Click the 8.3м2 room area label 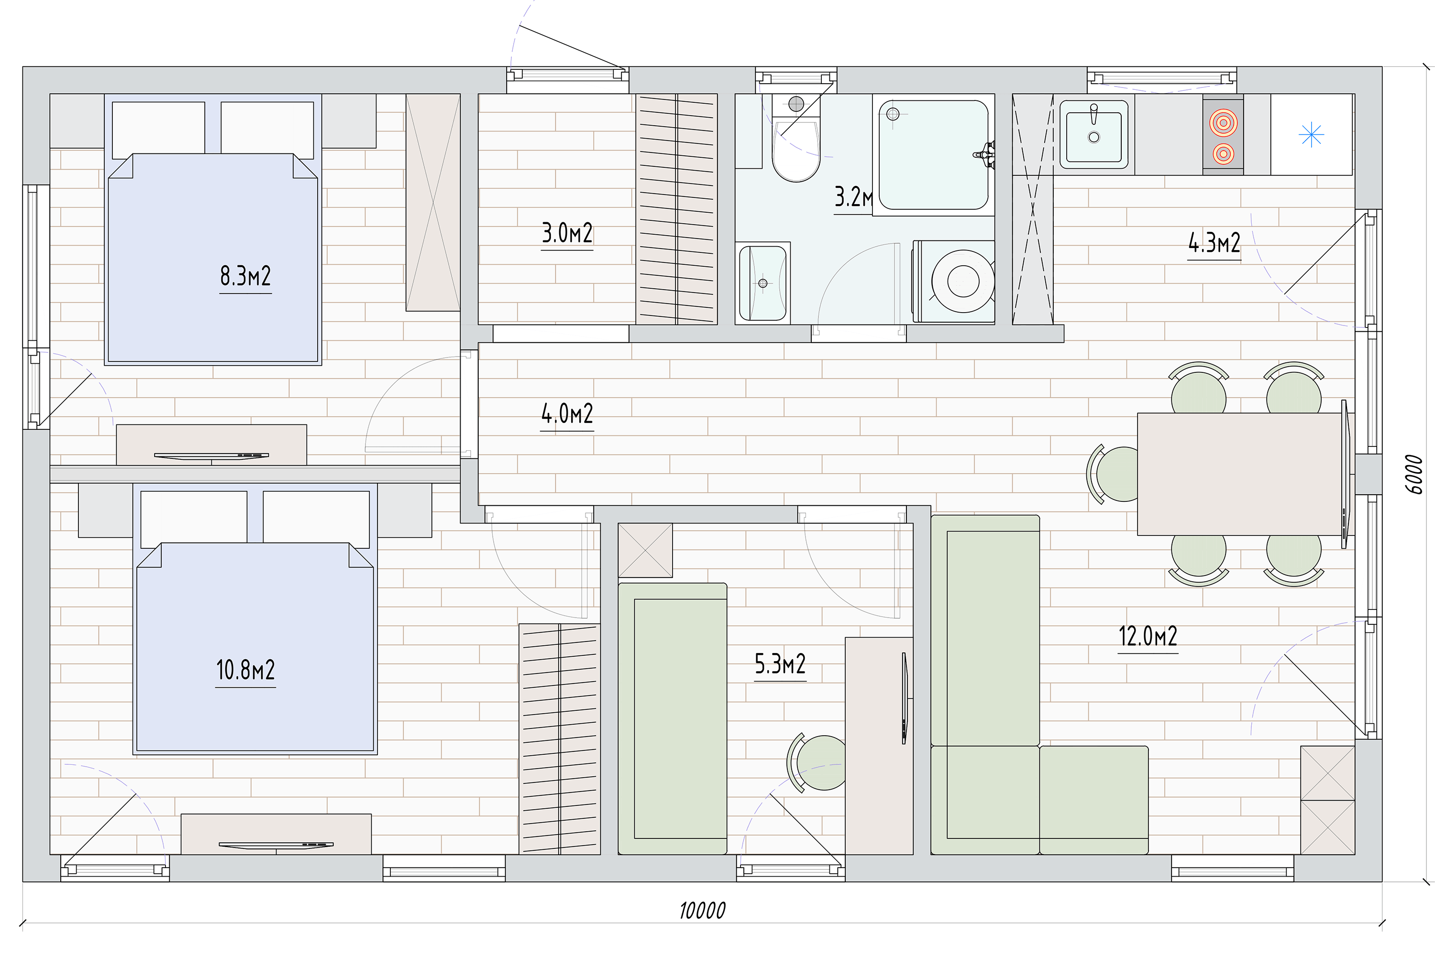(245, 276)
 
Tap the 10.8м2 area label (245, 670)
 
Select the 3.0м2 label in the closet (567, 233)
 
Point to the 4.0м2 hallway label (567, 414)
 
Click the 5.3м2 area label (780, 664)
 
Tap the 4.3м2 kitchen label (1214, 243)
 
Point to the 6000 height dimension (1413, 474)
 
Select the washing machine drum (963, 282)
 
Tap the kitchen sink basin (1094, 135)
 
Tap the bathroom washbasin (762, 283)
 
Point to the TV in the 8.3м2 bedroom (211, 456)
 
